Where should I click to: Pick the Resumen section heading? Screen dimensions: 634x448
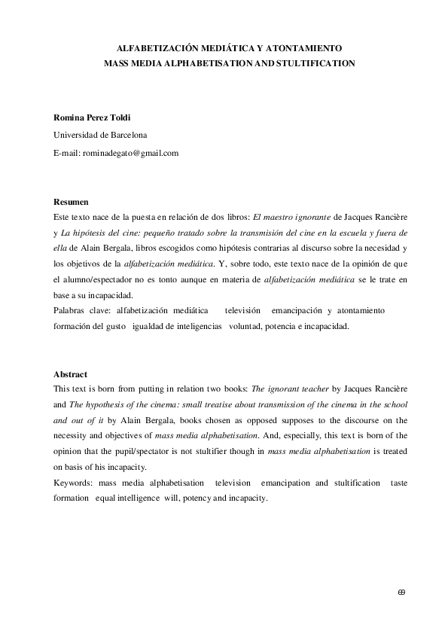click(x=71, y=202)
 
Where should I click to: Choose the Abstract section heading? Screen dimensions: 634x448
click(x=70, y=374)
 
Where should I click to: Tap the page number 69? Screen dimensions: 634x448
click(x=401, y=592)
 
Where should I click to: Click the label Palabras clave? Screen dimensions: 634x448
click(x=81, y=310)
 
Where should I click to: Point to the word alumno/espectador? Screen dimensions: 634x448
click(x=105, y=279)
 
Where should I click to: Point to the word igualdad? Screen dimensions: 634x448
click(x=152, y=327)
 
